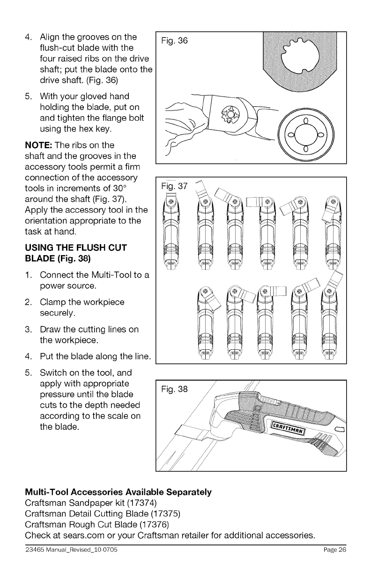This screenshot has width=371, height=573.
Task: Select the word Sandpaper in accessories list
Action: pyautogui.click(x=77, y=503)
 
